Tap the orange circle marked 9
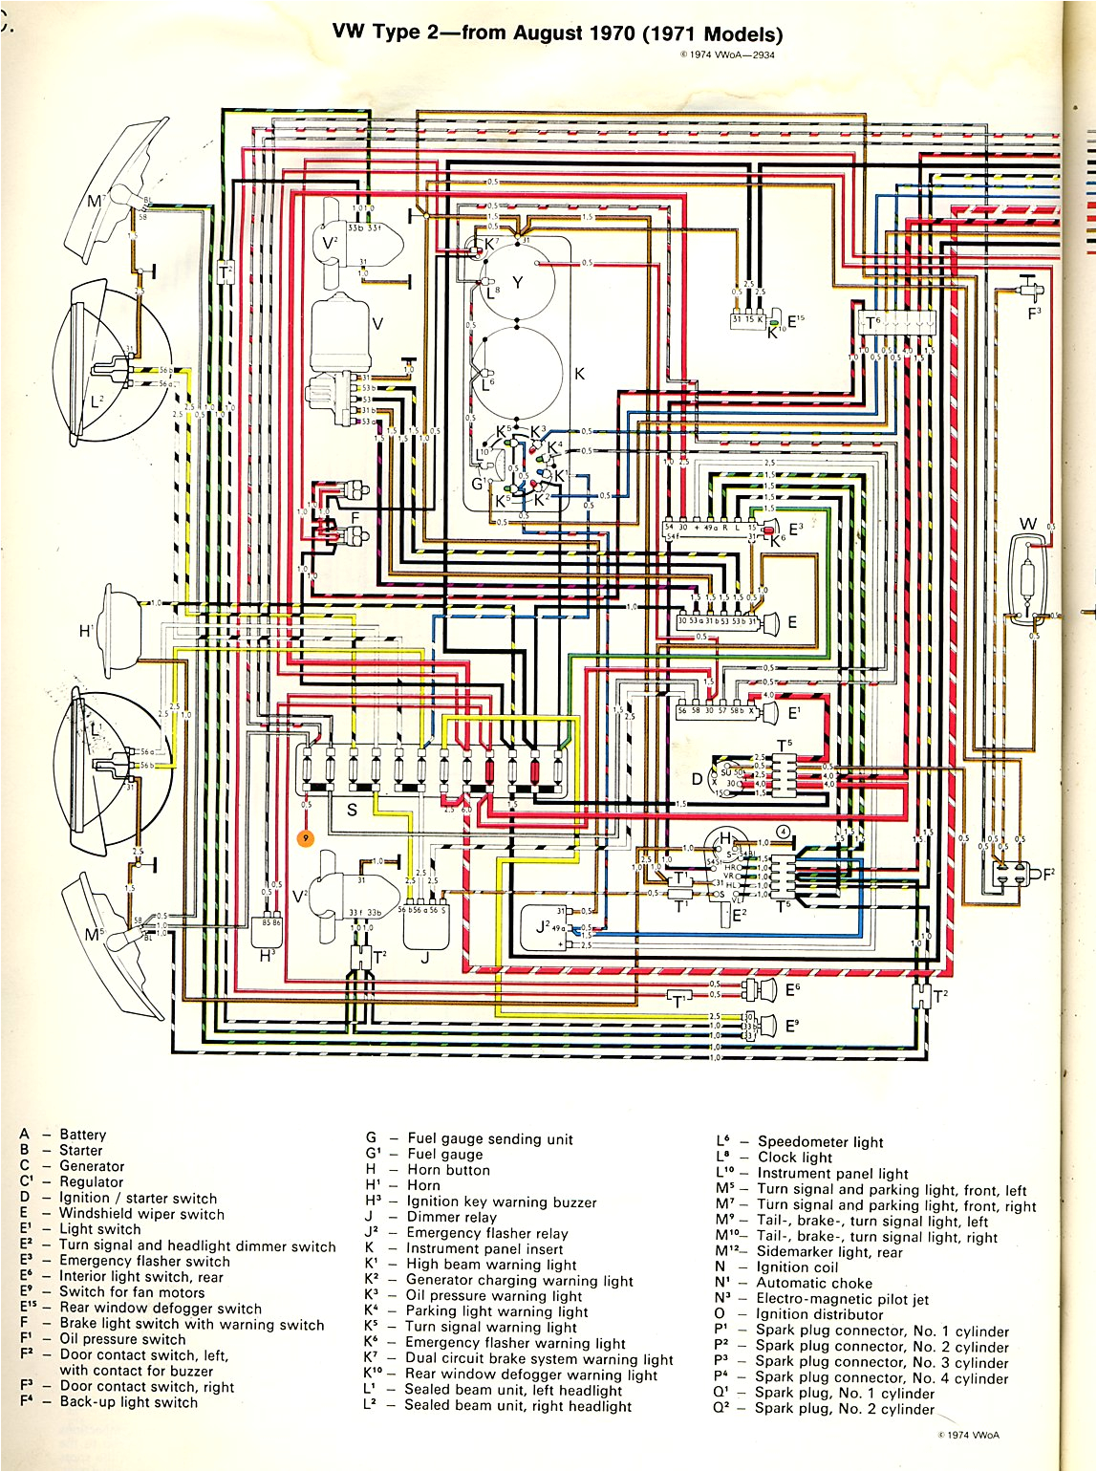pyautogui.click(x=306, y=838)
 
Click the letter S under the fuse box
pyautogui.click(x=352, y=810)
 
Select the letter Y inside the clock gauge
pyautogui.click(x=518, y=282)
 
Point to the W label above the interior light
pyautogui.click(x=1028, y=524)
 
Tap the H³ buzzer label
pyautogui.click(x=267, y=955)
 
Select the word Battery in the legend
pyautogui.click(x=83, y=1135)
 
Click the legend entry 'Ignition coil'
pyautogui.click(x=797, y=1267)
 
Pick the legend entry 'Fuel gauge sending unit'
pyautogui.click(x=490, y=1138)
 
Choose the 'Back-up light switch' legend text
pyautogui.click(x=129, y=1402)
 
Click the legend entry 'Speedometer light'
pyautogui.click(x=820, y=1141)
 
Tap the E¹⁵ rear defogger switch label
pyautogui.click(x=797, y=322)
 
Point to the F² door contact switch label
pyautogui.click(x=1048, y=872)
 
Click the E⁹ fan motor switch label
pyautogui.click(x=792, y=1027)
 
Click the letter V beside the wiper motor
pyautogui.click(x=377, y=324)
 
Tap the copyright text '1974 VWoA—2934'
pyautogui.click(x=727, y=54)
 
